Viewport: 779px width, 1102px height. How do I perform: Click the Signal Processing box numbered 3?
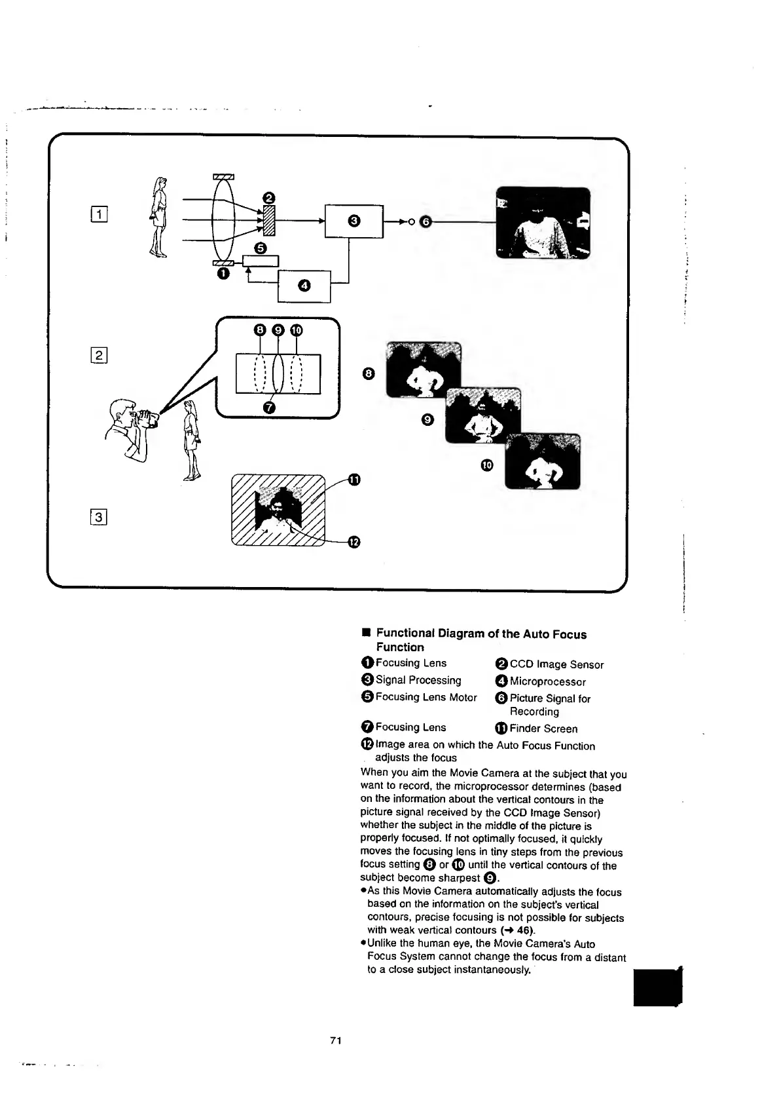pyautogui.click(x=354, y=221)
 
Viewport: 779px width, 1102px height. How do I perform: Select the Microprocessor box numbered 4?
pyautogui.click(x=304, y=286)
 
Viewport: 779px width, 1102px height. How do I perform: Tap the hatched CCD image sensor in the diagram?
pyautogui.click(x=267, y=219)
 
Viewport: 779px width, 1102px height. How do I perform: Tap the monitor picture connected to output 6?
pyautogui.click(x=543, y=223)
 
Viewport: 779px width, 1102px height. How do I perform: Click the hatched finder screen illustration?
pyautogui.click(x=279, y=509)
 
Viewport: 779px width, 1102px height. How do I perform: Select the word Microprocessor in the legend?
pyautogui.click(x=547, y=681)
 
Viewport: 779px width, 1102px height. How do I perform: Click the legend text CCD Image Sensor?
pyautogui.click(x=556, y=664)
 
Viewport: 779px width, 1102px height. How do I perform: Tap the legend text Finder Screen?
pyautogui.click(x=543, y=729)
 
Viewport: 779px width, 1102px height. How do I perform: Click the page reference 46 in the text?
pyautogui.click(x=523, y=930)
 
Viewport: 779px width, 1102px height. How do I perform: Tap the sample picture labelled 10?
pyautogui.click(x=543, y=461)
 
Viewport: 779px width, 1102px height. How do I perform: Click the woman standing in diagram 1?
pyautogui.click(x=158, y=216)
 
